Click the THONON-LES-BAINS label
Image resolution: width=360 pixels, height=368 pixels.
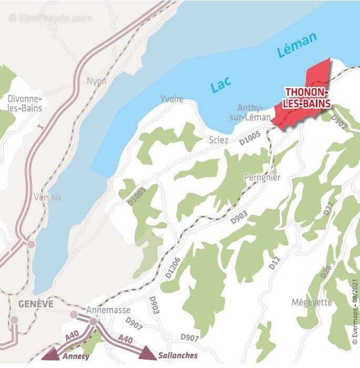tap(307, 98)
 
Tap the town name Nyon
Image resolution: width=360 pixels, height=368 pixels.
tap(97, 81)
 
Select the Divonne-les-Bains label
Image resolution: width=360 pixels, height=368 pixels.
tap(25, 104)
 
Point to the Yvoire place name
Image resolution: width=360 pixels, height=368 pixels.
tap(172, 99)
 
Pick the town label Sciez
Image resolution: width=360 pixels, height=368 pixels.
tap(219, 140)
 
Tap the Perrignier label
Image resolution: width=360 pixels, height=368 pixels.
tap(262, 178)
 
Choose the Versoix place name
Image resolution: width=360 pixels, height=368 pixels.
tap(47, 198)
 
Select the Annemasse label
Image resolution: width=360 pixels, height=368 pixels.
tap(108, 310)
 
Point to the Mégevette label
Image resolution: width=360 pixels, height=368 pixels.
tap(312, 302)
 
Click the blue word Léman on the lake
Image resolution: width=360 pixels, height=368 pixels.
tap(297, 46)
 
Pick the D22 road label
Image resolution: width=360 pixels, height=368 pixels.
tap(328, 209)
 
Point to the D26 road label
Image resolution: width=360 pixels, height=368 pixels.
tap(326, 269)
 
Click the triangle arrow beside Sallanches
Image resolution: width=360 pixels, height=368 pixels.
tap(148, 353)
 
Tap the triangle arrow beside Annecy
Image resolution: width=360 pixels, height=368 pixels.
tap(52, 353)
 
